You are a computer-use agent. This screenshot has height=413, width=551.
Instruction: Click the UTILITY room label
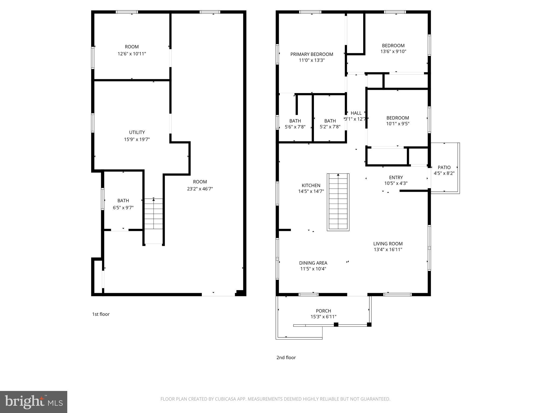[137, 132]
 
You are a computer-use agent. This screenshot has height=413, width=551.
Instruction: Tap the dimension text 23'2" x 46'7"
[200, 189]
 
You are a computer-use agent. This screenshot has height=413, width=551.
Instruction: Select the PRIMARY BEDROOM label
[312, 54]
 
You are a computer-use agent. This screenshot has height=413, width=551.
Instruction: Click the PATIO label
[444, 168]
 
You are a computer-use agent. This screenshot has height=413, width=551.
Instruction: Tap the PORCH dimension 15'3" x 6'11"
[323, 317]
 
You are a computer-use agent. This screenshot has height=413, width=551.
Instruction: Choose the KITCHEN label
[311, 186]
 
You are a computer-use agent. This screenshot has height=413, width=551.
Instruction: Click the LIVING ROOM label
[388, 244]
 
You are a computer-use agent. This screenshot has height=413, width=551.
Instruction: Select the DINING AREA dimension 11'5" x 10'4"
[313, 269]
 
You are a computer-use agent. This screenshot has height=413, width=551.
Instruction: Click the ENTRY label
[396, 177]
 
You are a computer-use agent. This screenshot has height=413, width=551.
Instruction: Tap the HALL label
[356, 113]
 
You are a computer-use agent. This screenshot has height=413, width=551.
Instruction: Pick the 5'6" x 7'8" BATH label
[295, 121]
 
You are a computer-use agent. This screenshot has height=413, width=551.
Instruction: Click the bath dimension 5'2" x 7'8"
[330, 127]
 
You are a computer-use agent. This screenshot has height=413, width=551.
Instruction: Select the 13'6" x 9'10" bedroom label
[393, 46]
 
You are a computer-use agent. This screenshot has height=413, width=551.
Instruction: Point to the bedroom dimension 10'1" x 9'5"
[398, 124]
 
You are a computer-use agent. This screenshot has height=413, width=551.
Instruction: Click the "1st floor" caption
[101, 314]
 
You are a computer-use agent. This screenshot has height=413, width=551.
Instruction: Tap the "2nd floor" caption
[286, 358]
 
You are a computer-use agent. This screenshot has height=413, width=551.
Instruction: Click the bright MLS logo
[34, 402]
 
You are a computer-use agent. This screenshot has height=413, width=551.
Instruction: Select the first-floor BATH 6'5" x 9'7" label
[123, 201]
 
